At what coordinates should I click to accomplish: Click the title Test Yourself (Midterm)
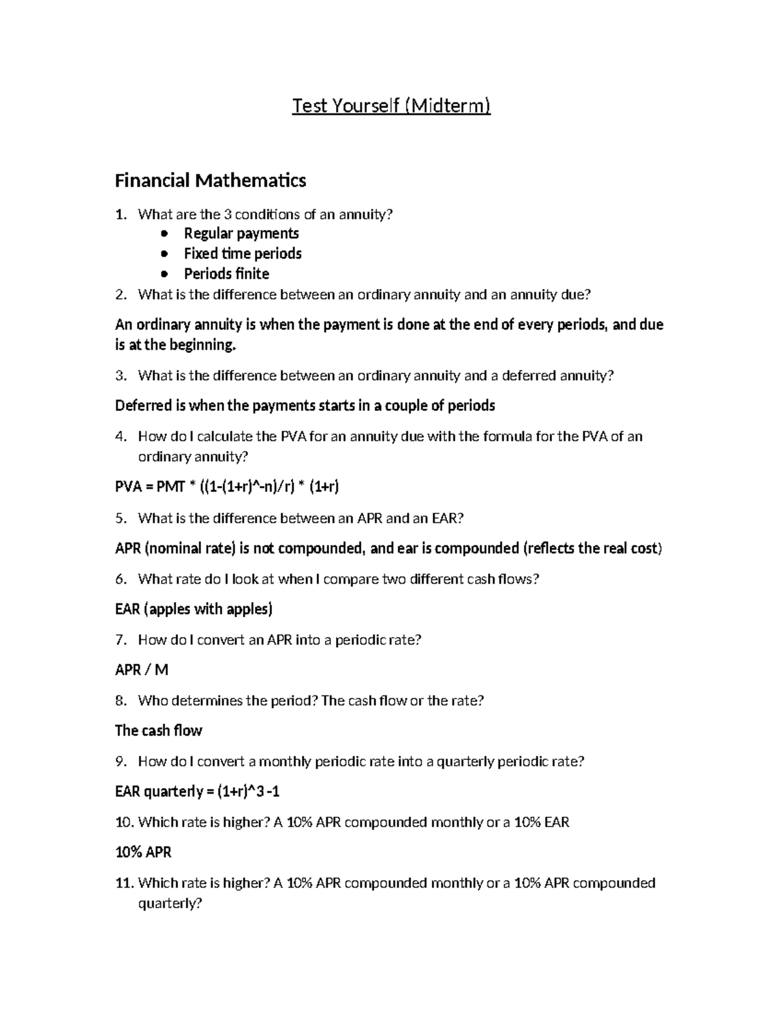click(391, 106)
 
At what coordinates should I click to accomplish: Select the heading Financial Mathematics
click(210, 180)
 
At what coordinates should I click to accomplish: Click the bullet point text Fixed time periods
click(242, 253)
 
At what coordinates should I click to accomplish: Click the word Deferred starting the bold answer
click(143, 406)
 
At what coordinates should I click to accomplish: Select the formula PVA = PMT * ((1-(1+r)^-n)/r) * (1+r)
click(227, 487)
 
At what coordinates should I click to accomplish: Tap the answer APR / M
click(142, 670)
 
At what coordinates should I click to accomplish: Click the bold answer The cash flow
click(159, 731)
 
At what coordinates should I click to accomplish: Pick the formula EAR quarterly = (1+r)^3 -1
click(198, 792)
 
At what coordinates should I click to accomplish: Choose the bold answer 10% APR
click(143, 853)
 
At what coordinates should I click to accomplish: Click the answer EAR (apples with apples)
click(193, 609)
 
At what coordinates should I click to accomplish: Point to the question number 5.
click(120, 519)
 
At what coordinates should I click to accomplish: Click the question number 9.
click(120, 761)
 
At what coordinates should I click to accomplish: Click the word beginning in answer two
click(202, 345)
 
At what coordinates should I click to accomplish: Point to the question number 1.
click(120, 215)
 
